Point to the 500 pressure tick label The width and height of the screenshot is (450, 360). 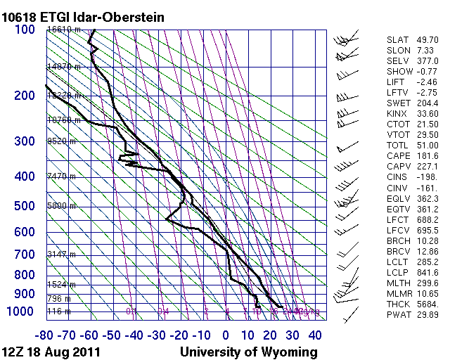click(24, 206)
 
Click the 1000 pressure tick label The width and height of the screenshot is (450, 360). click(20, 311)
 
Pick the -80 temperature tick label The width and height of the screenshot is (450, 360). click(46, 335)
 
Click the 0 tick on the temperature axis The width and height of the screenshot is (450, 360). click(226, 335)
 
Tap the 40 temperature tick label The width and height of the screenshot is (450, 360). click(314, 335)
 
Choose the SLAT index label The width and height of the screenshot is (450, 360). click(398, 40)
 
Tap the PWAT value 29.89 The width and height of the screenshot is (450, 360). click(427, 314)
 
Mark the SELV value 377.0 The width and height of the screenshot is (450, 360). click(427, 61)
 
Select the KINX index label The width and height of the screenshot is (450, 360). click(398, 113)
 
